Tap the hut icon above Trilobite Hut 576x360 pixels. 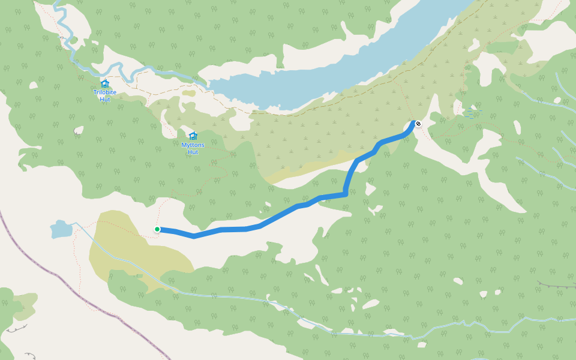click(105, 83)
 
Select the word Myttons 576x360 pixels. click(193, 145)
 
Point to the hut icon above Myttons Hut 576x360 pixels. click(193, 136)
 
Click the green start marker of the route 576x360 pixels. click(157, 229)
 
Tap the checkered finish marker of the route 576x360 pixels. click(418, 124)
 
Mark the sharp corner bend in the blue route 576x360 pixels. click(346, 193)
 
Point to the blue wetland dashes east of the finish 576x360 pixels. click(473, 113)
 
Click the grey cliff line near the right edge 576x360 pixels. click(555, 284)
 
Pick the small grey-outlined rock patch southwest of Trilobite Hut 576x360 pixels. click(79, 130)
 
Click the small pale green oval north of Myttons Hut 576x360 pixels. click(189, 93)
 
